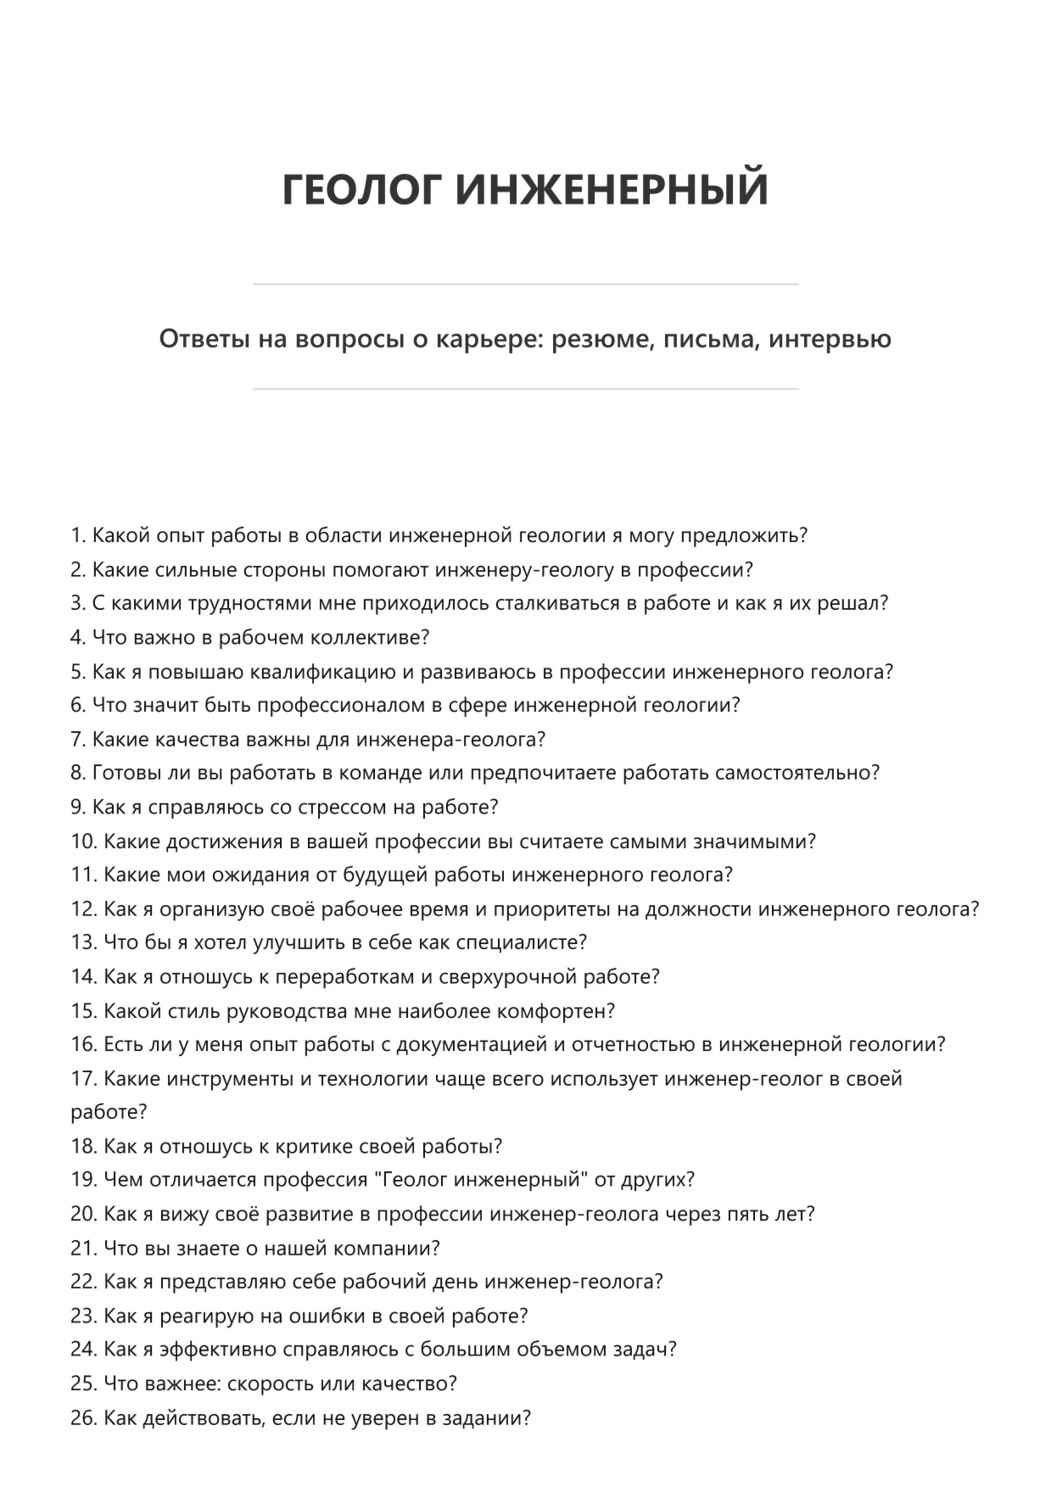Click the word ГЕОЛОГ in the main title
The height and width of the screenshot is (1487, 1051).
(362, 189)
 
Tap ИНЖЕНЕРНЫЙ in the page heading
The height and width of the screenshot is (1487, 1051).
(612, 189)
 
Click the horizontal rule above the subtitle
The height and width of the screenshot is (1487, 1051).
(525, 284)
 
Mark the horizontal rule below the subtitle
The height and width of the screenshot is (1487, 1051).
(525, 389)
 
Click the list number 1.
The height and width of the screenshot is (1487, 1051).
(78, 536)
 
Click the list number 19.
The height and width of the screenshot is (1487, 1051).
(84, 1180)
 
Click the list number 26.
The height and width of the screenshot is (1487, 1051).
(84, 1418)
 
